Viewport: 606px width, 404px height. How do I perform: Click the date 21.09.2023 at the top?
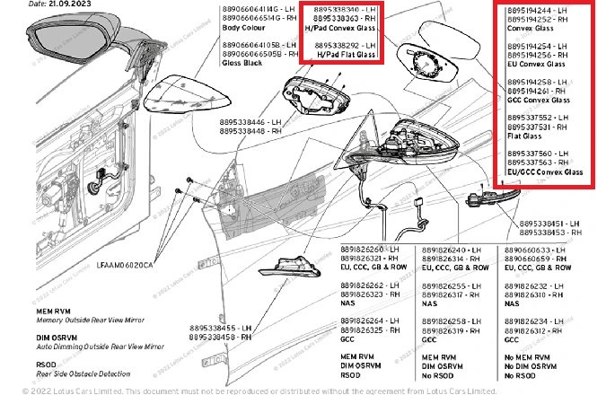(x=45, y=4)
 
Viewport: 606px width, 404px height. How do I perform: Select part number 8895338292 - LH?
(x=344, y=45)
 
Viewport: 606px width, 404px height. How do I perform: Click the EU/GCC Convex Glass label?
(x=545, y=171)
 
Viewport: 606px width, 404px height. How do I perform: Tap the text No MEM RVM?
(x=529, y=356)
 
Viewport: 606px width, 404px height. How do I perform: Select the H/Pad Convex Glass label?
(x=344, y=28)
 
